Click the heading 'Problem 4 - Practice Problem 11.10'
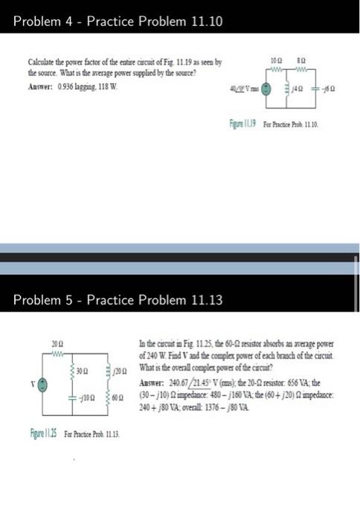pos(118,22)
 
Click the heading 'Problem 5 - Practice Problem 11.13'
pos(118,300)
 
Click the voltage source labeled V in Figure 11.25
pos(44,384)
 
